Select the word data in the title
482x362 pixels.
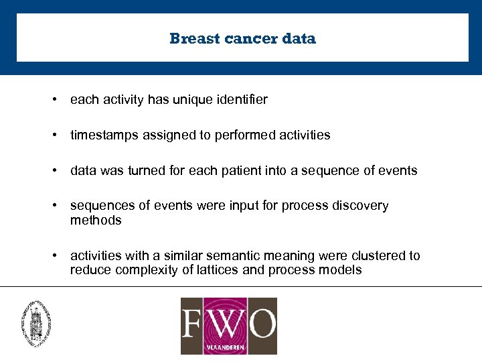(299, 39)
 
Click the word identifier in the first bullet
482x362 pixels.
(242, 100)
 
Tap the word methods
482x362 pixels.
(96, 221)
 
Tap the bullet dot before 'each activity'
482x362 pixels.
(53, 100)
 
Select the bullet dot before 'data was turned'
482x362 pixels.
(53, 170)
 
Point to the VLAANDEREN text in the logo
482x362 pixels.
(228, 347)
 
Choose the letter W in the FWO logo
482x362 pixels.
(227, 322)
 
